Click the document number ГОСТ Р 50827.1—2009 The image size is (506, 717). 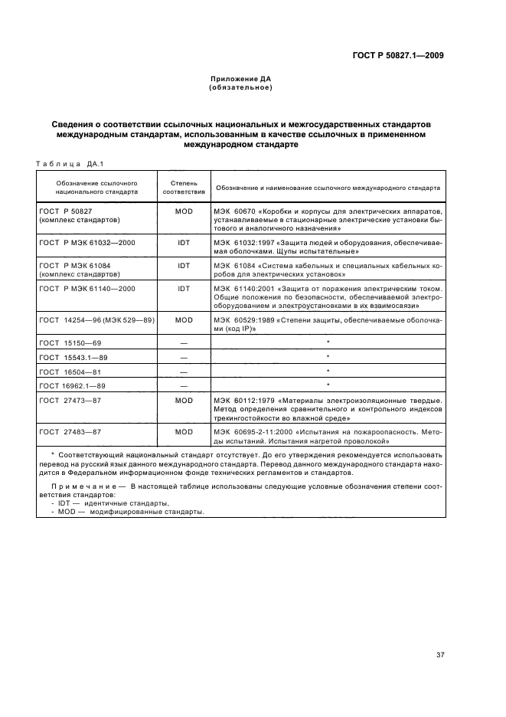click(399, 55)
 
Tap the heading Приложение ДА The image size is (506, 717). click(241, 79)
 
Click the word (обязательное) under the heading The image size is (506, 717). click(241, 87)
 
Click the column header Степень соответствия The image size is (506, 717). click(183, 188)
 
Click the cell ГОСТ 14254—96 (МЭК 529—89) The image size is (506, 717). click(96, 319)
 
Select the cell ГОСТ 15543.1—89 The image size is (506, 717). click(74, 357)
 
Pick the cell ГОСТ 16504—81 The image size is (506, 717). click(70, 371)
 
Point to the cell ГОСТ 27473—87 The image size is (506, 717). click(70, 400)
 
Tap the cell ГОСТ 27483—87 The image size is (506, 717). click(70, 432)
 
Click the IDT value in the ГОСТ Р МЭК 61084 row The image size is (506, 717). click(183, 265)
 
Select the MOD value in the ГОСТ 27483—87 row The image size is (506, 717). click(183, 432)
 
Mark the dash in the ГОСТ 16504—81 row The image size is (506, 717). click(183, 371)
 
